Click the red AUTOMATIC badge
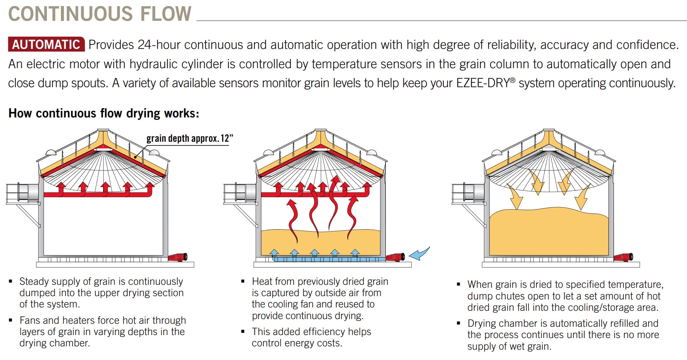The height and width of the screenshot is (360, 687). (46, 44)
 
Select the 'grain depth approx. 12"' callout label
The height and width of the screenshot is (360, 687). (190, 138)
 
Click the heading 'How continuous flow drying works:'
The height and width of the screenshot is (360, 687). (104, 113)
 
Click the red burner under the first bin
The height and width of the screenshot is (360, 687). (178, 257)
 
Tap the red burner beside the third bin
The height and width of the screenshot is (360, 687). (623, 257)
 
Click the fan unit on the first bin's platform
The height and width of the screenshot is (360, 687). (29, 192)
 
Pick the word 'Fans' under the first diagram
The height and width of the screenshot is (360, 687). (30, 320)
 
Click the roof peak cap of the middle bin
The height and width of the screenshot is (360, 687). (320, 130)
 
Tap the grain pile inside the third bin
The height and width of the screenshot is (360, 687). (549, 233)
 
